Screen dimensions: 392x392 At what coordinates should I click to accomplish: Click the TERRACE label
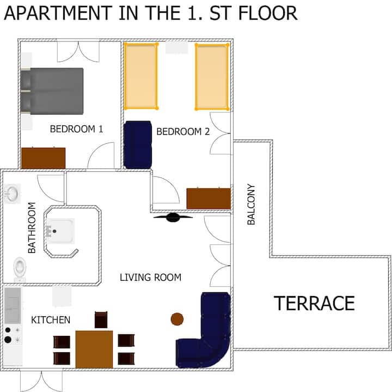[x=314, y=303]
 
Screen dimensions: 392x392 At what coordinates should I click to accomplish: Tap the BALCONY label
[x=251, y=204]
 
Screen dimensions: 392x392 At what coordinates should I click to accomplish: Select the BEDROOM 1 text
[x=77, y=129]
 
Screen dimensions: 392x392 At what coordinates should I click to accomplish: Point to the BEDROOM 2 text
[x=183, y=132]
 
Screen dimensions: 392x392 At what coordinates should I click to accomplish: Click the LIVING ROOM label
[x=150, y=278]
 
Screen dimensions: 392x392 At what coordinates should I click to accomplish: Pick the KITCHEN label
[x=51, y=320]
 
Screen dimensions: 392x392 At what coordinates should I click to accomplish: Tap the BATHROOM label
[x=32, y=228]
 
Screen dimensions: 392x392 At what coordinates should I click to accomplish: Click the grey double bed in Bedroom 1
[x=52, y=91]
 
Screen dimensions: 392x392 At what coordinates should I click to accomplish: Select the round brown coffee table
[x=177, y=319]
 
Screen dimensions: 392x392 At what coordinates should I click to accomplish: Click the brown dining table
[x=94, y=349]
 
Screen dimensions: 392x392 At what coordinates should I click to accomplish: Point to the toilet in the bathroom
[x=20, y=269]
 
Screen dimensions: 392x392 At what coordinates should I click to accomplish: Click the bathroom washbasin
[x=12, y=194]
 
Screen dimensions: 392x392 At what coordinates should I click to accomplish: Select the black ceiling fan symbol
[x=173, y=218]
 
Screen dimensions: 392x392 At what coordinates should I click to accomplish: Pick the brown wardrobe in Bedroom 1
[x=43, y=158]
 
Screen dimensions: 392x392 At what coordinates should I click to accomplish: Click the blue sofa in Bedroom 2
[x=138, y=144]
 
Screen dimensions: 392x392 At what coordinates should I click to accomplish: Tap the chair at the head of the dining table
[x=101, y=319]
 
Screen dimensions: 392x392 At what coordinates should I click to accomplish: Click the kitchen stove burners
[x=13, y=335]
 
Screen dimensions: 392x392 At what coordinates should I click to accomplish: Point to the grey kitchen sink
[x=13, y=306]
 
